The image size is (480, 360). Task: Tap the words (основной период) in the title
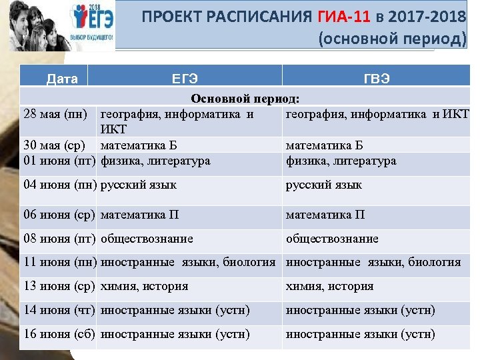pos(393,39)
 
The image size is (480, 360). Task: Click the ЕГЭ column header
pos(185,79)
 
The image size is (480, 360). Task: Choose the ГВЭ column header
pos(377,79)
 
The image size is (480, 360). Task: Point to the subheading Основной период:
pos(245,99)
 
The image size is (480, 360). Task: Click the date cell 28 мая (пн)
pos(55,113)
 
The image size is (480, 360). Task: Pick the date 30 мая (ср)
pos(56,145)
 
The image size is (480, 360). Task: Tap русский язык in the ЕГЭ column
pos(138,185)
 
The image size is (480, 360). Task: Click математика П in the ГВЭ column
pos(325,215)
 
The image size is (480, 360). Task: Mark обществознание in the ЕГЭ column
pos(147,239)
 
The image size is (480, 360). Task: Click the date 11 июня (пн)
pos(59,262)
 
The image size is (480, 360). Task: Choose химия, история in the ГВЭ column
pos(330,286)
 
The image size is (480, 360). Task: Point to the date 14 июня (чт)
pos(59,310)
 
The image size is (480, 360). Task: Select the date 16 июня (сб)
pos(59,334)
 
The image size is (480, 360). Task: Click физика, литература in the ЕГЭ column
pos(155,161)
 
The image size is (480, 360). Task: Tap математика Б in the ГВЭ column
pos(325,145)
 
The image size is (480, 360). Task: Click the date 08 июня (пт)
pos(59,239)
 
